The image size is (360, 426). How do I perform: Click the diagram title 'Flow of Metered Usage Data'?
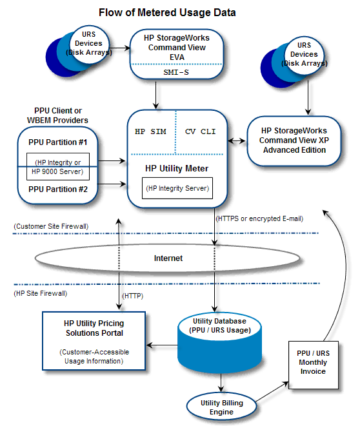pyautogui.click(x=167, y=13)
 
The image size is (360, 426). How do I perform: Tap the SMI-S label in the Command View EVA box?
pyautogui.click(x=176, y=72)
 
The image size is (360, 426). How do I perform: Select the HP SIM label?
pyautogui.click(x=150, y=131)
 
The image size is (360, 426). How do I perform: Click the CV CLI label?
pyautogui.click(x=201, y=131)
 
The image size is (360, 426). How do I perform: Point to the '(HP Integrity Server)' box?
pyautogui.click(x=177, y=188)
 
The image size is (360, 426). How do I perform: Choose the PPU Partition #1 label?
pyautogui.click(x=57, y=142)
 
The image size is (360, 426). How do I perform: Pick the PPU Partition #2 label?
pyautogui.click(x=58, y=189)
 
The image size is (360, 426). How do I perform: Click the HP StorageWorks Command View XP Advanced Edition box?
pyautogui.click(x=294, y=140)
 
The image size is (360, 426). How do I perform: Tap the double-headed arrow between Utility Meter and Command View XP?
pyautogui.click(x=237, y=140)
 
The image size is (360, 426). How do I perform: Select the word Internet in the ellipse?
pyautogui.click(x=168, y=258)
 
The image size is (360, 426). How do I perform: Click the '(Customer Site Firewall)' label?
pyautogui.click(x=51, y=226)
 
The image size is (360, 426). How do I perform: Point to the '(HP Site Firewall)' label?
pyautogui.click(x=40, y=293)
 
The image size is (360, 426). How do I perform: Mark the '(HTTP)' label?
pyautogui.click(x=133, y=296)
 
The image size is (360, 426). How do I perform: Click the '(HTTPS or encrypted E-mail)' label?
pyautogui.click(x=259, y=218)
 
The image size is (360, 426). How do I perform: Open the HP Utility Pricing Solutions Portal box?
pyautogui.click(x=94, y=341)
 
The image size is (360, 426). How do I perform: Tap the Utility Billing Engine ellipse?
pyautogui.click(x=221, y=407)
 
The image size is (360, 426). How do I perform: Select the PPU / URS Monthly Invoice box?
pyautogui.click(x=314, y=365)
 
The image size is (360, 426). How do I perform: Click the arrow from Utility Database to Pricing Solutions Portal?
pyautogui.click(x=162, y=345)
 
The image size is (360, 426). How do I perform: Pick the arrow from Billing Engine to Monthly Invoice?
pyautogui.click(x=272, y=391)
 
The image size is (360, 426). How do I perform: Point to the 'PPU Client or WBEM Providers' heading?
pyautogui.click(x=57, y=115)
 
